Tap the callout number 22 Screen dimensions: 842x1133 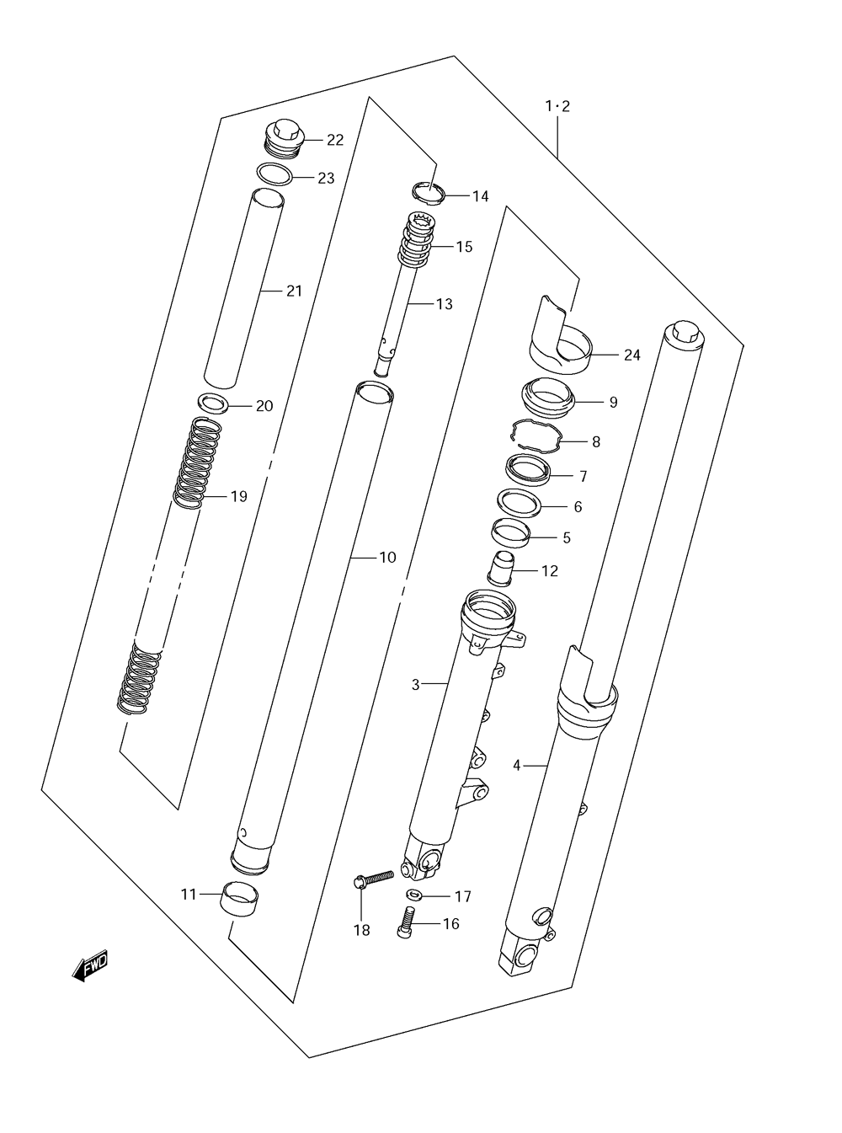pyautogui.click(x=335, y=140)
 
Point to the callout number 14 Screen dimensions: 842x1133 pyautogui.click(x=480, y=196)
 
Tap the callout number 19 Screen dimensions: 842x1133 pyautogui.click(x=239, y=496)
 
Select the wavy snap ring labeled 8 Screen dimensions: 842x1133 pyautogui.click(x=536, y=436)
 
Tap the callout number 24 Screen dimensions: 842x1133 pyautogui.click(x=632, y=355)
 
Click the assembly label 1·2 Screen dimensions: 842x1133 pyautogui.click(x=557, y=107)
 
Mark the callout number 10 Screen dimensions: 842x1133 pyautogui.click(x=387, y=558)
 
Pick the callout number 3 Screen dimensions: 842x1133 pyautogui.click(x=416, y=685)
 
